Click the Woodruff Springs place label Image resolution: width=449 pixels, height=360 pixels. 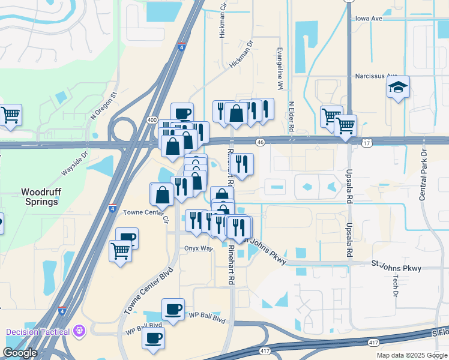coord(40,197)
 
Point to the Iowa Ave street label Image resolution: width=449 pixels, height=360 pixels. coord(369,19)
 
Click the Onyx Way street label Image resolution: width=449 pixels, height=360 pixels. coord(199,248)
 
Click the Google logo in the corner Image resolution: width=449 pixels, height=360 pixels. coord(19,353)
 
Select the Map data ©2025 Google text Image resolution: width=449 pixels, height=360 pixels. coord(411,355)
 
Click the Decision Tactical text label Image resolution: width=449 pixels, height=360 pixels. coord(39,332)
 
